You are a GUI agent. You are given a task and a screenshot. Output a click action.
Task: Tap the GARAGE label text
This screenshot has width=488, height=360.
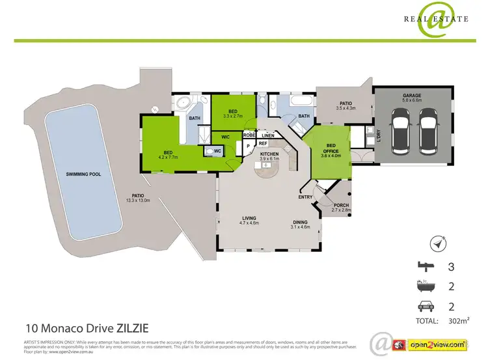point(413,94)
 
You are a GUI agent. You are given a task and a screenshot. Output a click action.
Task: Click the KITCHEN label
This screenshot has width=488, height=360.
point(269,154)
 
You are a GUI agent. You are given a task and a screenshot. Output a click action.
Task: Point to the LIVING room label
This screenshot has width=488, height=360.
point(249,218)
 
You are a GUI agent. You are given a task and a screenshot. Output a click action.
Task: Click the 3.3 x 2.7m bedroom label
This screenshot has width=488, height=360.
point(233,116)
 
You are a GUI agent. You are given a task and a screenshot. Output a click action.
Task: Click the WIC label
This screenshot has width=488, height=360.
point(226,137)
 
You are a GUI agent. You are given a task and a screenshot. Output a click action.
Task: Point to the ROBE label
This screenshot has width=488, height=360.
point(249,135)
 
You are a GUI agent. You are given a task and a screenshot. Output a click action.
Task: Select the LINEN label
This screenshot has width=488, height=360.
point(267,135)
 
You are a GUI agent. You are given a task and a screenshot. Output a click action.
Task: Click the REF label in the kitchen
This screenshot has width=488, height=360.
point(263,143)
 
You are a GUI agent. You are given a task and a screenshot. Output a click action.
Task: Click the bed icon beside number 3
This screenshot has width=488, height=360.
point(426,266)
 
